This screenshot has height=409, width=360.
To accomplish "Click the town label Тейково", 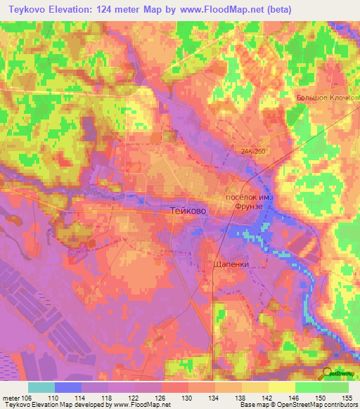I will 189,210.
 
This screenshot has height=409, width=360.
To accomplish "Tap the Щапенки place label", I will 231,264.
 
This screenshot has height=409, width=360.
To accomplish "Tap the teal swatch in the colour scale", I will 41,388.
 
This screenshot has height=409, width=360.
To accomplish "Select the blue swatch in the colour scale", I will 67,388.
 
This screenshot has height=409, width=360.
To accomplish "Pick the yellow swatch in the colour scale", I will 281,388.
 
